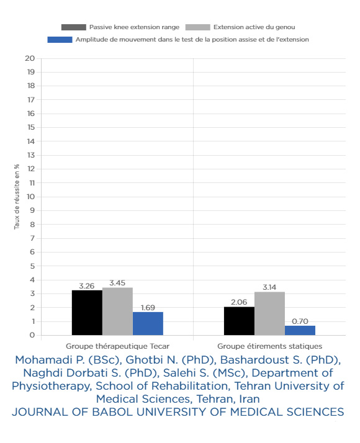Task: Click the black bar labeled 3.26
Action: pos(87,313)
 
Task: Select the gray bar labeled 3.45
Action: pos(117,311)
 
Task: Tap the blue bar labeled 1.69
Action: pos(148,323)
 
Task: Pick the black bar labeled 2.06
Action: pos(239,321)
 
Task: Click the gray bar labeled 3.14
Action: pos(269,313)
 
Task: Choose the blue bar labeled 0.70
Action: pos(300,330)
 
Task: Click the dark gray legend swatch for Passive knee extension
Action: pos(74,27)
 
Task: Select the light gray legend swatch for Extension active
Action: pos(198,27)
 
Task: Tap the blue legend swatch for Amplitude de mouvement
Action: pos(60,40)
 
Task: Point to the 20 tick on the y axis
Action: pos(30,58)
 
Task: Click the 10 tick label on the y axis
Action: pos(31,197)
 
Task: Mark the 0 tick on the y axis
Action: pos(32,335)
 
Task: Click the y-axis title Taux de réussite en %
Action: pos(17,197)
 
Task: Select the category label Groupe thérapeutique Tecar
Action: pos(117,346)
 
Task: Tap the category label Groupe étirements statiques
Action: pos(269,346)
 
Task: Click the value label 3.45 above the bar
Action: pos(117,283)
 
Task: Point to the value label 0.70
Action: pos(300,321)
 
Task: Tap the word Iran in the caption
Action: pos(250,399)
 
